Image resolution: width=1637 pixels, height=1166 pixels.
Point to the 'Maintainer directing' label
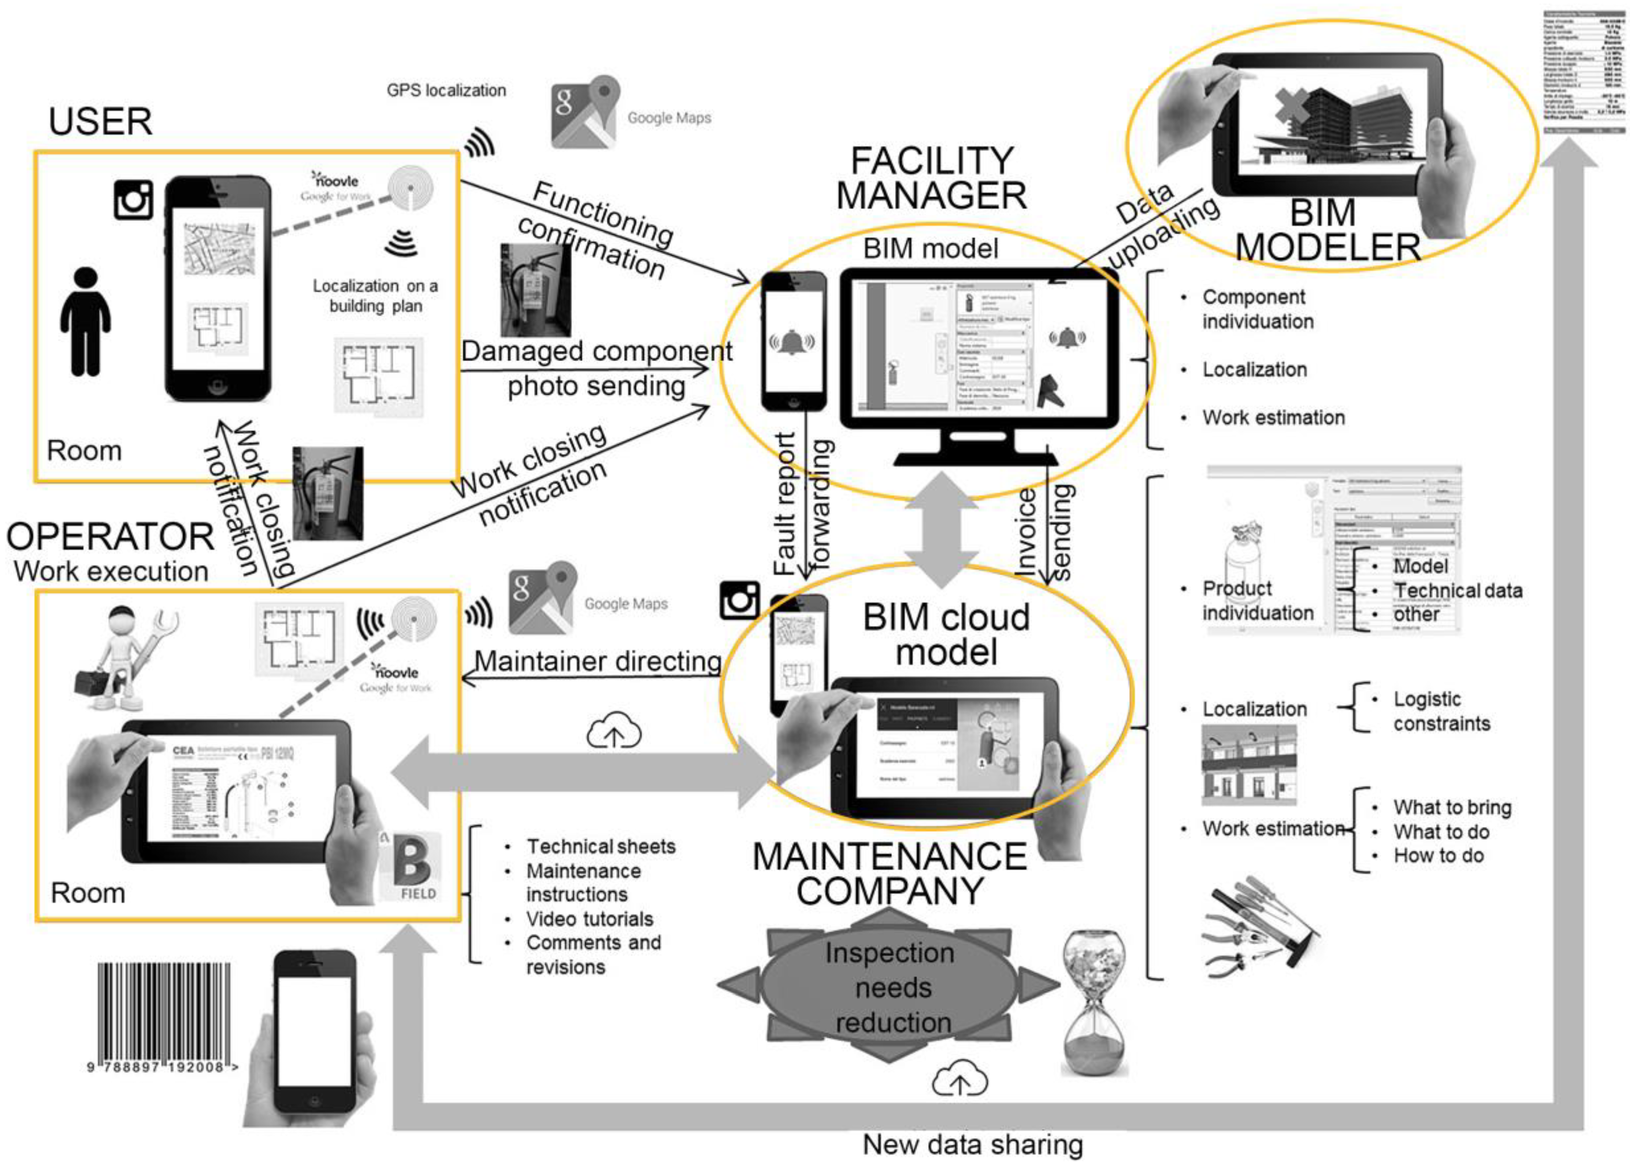coord(598,660)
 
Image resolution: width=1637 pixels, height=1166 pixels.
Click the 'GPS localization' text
coord(446,90)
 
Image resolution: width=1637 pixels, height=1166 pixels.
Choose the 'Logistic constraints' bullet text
coord(1441,711)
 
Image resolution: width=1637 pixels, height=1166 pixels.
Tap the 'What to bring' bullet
coord(1451,807)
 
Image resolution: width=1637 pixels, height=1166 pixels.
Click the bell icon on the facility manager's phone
coord(792,342)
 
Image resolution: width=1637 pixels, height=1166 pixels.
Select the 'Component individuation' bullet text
coord(1257,309)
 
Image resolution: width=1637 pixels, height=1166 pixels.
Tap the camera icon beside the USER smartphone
coord(133,199)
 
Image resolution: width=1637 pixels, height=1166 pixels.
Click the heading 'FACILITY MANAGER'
coord(931,177)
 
